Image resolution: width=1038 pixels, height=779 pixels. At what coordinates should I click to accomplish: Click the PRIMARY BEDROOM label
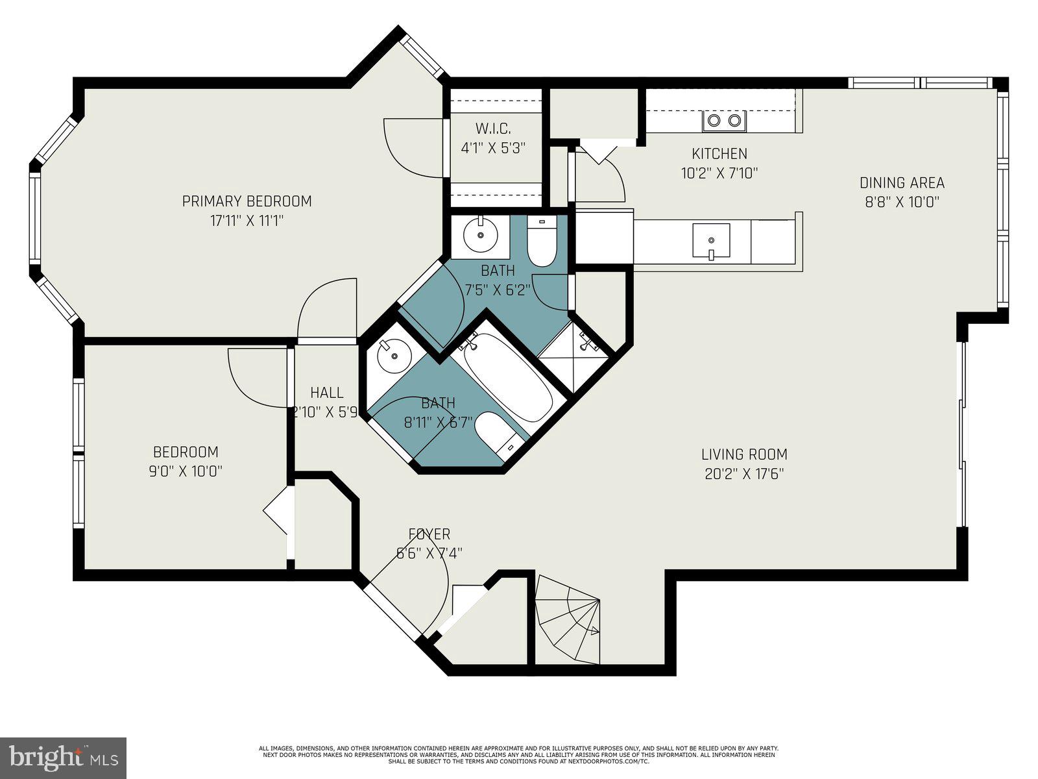[x=247, y=201]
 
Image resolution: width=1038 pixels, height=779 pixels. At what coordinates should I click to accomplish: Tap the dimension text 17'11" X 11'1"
[x=247, y=221]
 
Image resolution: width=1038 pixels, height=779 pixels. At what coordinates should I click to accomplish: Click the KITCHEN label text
[x=719, y=154]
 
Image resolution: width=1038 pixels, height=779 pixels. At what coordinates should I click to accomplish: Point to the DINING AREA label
[x=902, y=183]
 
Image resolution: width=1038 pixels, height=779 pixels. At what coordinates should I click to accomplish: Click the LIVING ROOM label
[x=744, y=454]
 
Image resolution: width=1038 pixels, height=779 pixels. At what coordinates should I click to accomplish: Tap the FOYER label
[x=429, y=534]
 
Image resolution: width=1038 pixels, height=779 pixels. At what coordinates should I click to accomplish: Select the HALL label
[x=326, y=393]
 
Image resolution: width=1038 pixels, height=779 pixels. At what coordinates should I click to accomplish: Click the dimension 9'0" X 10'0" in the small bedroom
[x=186, y=471]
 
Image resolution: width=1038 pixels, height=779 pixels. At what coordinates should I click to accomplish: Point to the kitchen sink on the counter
[x=711, y=241]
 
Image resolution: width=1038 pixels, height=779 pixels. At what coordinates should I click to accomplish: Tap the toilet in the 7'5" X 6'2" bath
[x=541, y=242]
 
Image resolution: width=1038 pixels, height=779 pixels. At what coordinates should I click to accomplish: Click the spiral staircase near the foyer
[x=568, y=620]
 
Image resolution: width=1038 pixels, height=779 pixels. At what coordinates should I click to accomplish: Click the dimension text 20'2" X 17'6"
[x=744, y=474]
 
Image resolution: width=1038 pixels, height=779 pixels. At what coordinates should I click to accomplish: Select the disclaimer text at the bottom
[x=518, y=754]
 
